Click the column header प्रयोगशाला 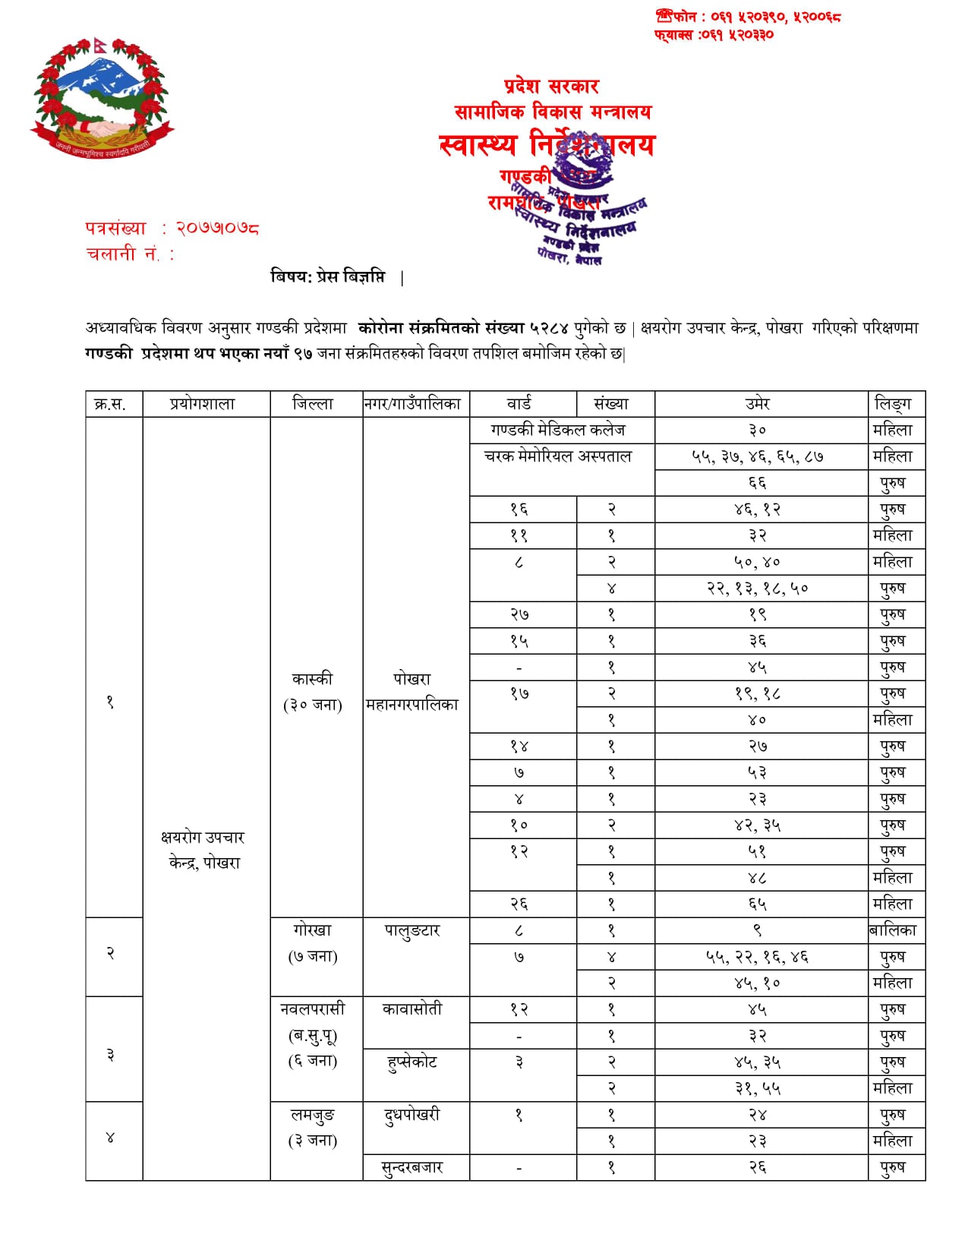(203, 404)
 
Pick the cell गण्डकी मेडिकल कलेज (558, 430)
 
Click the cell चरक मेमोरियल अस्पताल (558, 456)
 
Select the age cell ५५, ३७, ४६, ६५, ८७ (758, 456)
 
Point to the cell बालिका (893, 930)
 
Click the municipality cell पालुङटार (412, 931)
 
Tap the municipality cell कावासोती (412, 1009)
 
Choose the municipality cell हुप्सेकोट (412, 1062)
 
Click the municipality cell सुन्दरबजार (412, 1167)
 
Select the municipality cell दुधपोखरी (412, 1115)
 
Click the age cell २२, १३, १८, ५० (758, 588)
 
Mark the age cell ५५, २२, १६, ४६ (758, 957)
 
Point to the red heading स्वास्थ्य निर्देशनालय (547, 144)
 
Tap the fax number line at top (714, 34)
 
